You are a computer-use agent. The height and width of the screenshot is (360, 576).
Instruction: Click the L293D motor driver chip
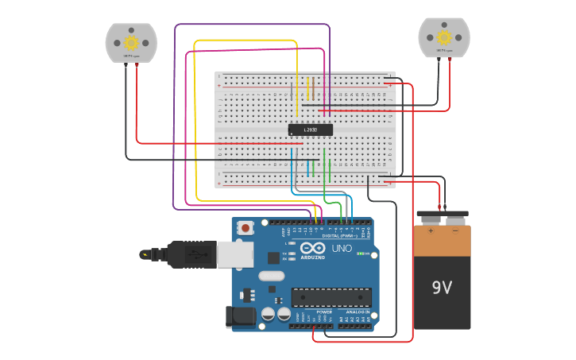(x=310, y=130)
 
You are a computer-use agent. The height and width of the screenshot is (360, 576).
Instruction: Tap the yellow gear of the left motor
(x=131, y=42)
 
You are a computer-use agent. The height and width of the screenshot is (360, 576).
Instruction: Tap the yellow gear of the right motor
(x=444, y=37)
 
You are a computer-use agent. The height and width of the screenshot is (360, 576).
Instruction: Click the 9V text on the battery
(x=442, y=287)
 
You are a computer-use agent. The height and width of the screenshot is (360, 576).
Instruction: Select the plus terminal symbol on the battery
(x=431, y=231)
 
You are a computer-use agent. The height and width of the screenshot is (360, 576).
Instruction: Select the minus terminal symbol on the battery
(x=454, y=231)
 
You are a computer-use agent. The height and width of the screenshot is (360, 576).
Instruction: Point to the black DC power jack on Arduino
(x=240, y=316)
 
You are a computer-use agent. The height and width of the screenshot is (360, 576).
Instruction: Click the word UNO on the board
(x=341, y=248)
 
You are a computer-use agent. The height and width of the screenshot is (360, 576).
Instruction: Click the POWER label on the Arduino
(x=324, y=312)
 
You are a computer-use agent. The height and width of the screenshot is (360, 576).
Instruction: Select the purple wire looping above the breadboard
(x=250, y=25)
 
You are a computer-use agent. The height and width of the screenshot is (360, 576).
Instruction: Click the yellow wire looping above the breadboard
(x=246, y=40)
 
